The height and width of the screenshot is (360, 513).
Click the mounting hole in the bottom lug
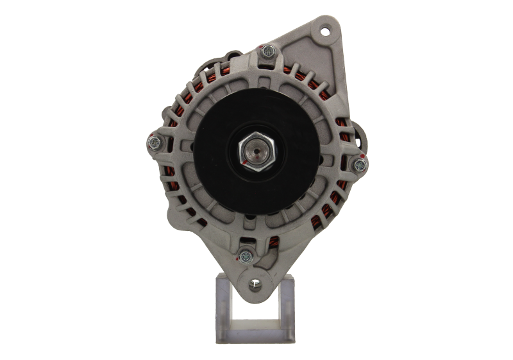255,280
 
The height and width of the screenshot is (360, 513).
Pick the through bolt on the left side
154,141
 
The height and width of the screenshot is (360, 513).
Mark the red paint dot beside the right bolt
362,156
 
